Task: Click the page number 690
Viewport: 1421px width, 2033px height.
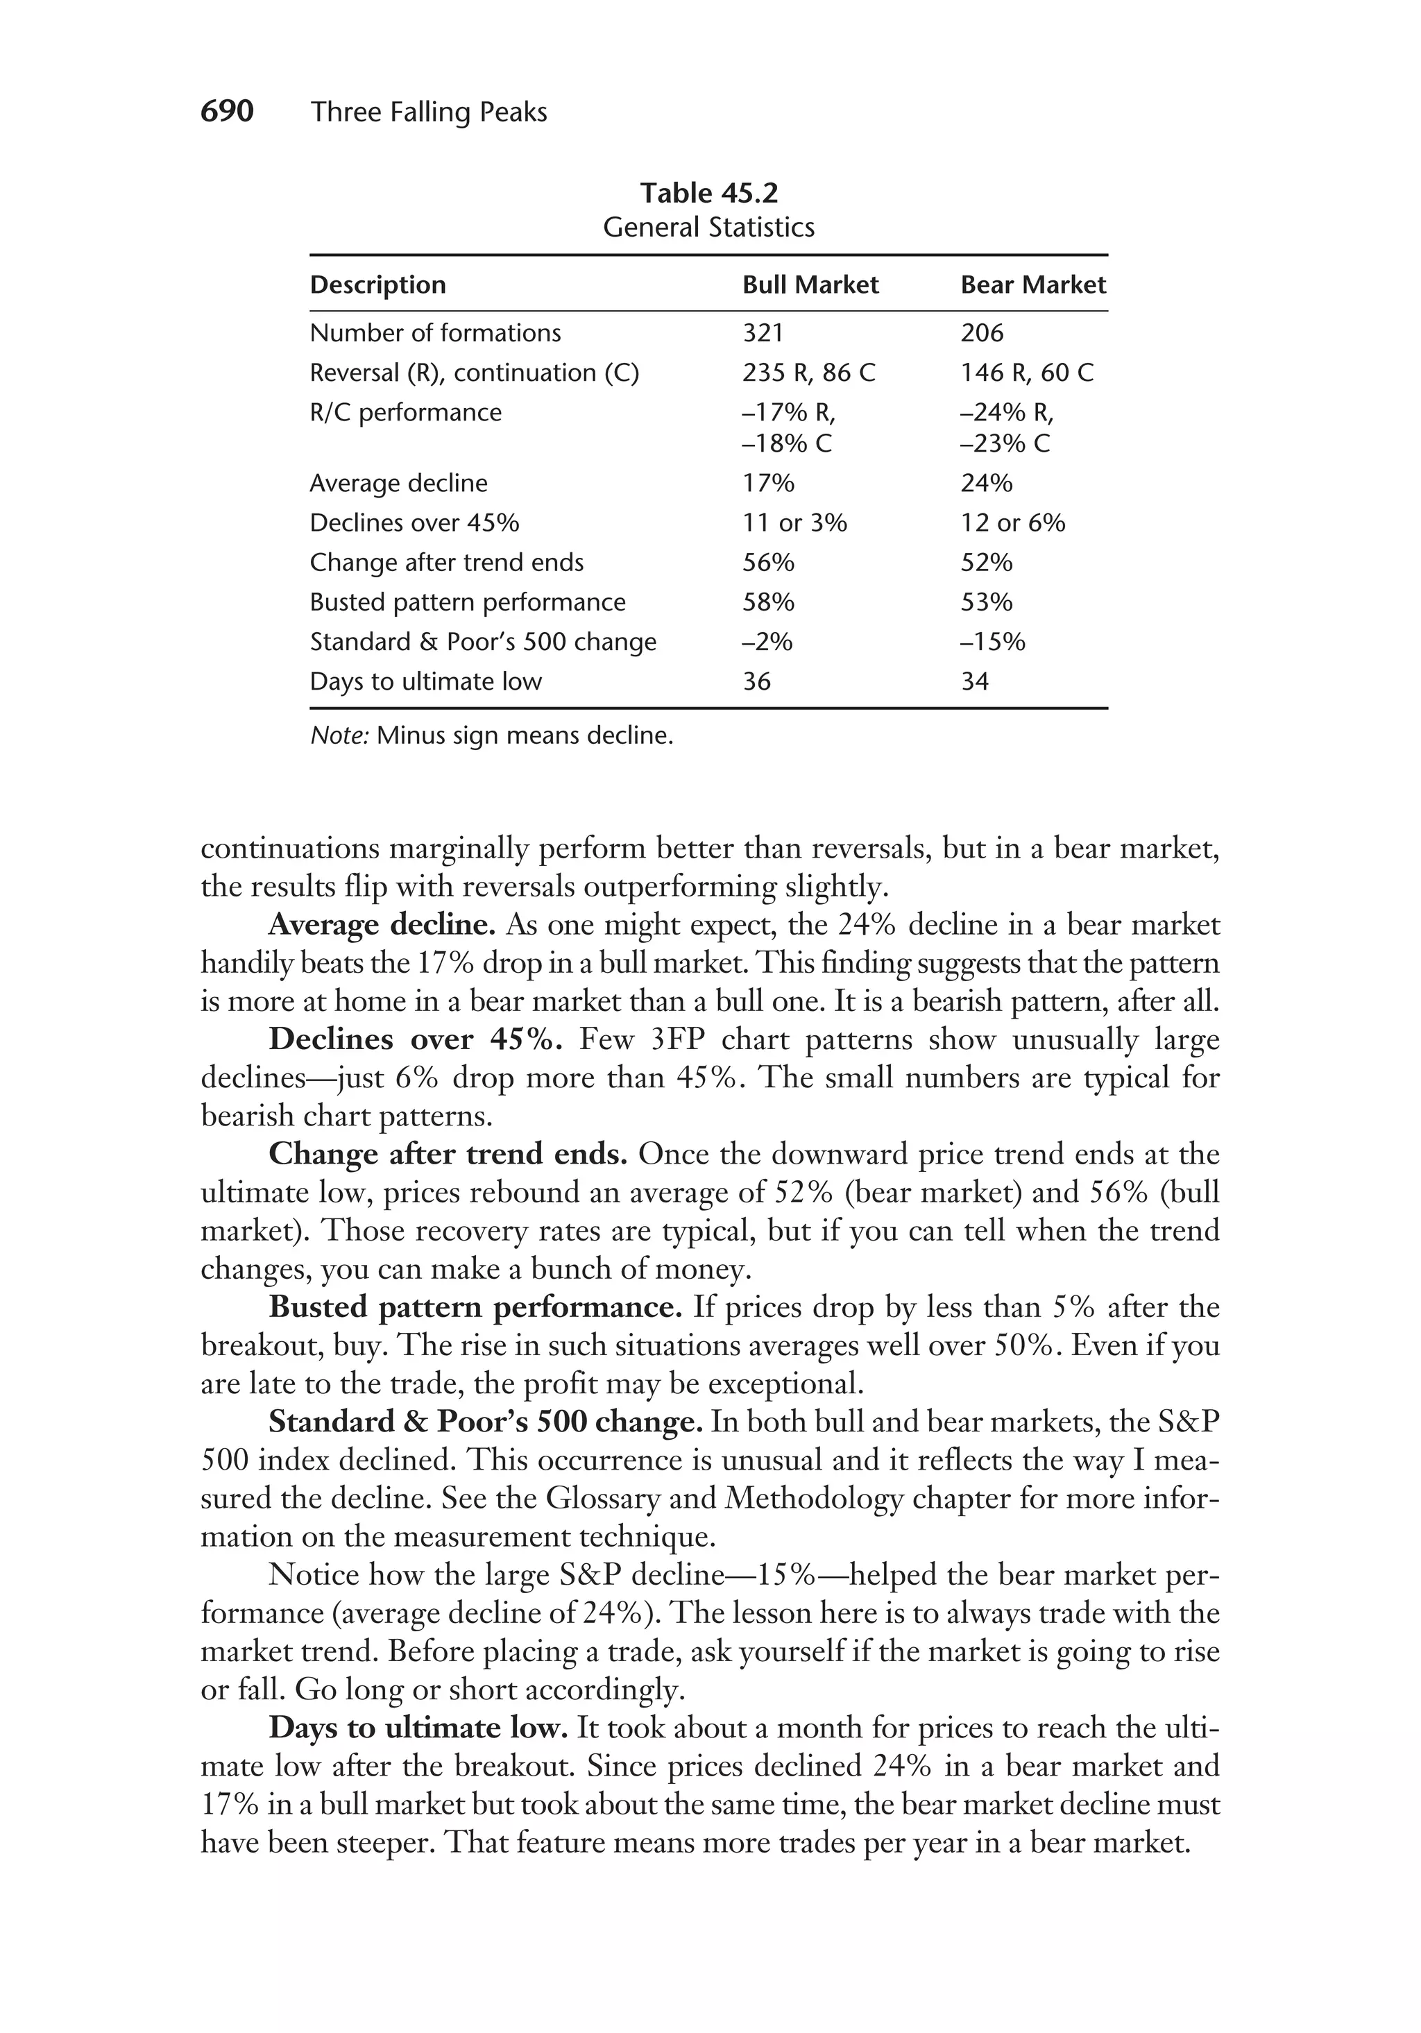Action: (x=227, y=112)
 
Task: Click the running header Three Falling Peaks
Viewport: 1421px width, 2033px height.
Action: (x=429, y=112)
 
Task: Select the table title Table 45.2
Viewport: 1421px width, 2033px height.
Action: (x=708, y=193)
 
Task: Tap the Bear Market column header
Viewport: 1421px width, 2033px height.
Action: (x=1032, y=285)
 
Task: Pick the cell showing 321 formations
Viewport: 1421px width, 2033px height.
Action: (x=763, y=333)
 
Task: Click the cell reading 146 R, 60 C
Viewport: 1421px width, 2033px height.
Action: (x=1026, y=373)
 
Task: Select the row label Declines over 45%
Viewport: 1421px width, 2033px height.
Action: (x=414, y=523)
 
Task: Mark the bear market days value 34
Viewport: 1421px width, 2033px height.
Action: (x=974, y=682)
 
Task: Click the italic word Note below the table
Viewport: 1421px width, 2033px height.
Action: (x=338, y=735)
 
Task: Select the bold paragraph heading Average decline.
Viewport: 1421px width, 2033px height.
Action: (x=382, y=926)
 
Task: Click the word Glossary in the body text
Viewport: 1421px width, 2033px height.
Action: (x=602, y=1498)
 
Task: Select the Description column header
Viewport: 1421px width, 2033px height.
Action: (x=377, y=285)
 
